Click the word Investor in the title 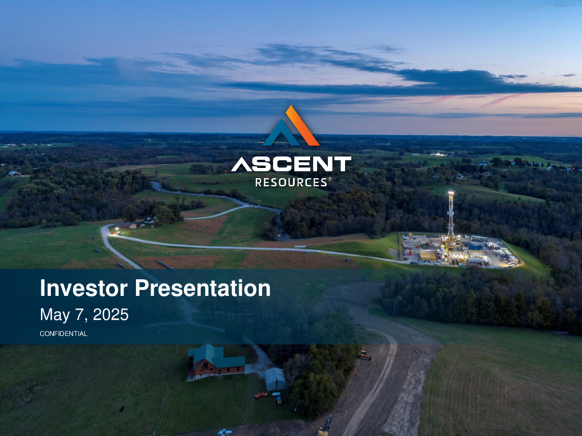point(84,288)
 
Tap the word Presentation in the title point(203,288)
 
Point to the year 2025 point(111,315)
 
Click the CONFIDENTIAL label point(63,334)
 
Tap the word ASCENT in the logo point(291,164)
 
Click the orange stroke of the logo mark point(303,125)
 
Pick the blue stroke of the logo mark point(282,133)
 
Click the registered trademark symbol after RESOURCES point(330,179)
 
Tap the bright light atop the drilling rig point(451,193)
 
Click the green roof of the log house point(216,355)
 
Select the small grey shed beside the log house point(275,379)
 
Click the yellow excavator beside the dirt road point(365,355)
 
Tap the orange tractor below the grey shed point(261,395)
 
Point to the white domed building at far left point(15,174)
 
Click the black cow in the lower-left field point(121,409)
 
